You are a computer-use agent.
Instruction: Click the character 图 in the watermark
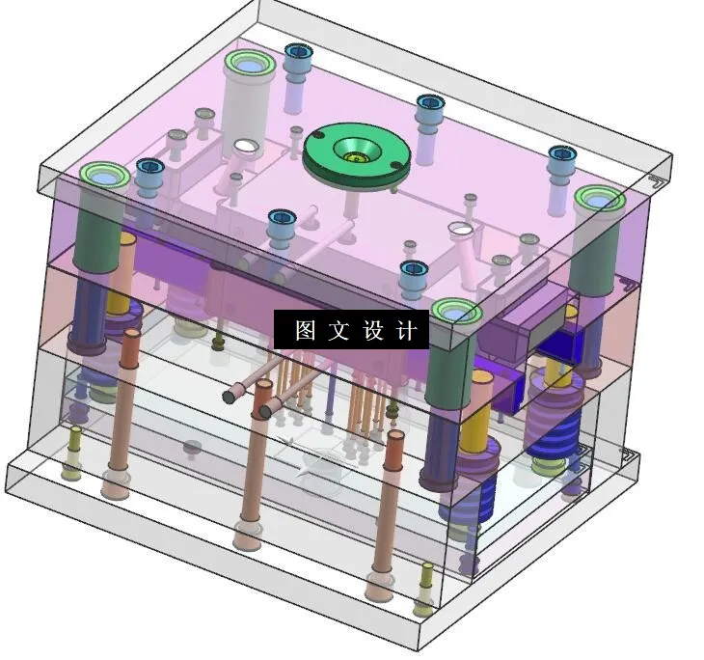tap(306, 331)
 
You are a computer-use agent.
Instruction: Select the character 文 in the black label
tap(338, 331)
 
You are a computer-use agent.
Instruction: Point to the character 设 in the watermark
tap(373, 331)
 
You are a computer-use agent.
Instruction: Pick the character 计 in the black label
tap(407, 331)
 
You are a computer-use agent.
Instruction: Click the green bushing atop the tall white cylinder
tap(248, 66)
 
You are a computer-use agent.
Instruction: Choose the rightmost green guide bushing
tap(599, 200)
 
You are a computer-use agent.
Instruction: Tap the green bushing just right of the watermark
tap(456, 312)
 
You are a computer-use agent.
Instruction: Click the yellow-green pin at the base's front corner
tap(424, 604)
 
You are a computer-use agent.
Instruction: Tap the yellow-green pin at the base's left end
tap(72, 469)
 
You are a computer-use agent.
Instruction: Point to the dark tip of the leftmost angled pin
tap(230, 396)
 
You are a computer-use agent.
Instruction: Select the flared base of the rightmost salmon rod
tap(379, 585)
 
